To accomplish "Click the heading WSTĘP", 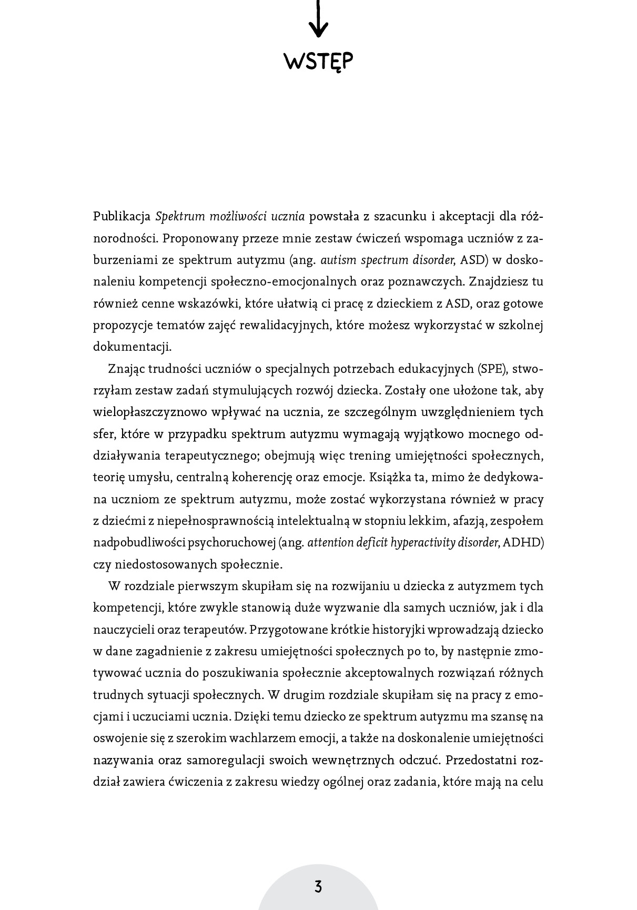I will [318, 62].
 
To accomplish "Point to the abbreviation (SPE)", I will [492, 369].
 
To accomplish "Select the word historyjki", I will [407, 630].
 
